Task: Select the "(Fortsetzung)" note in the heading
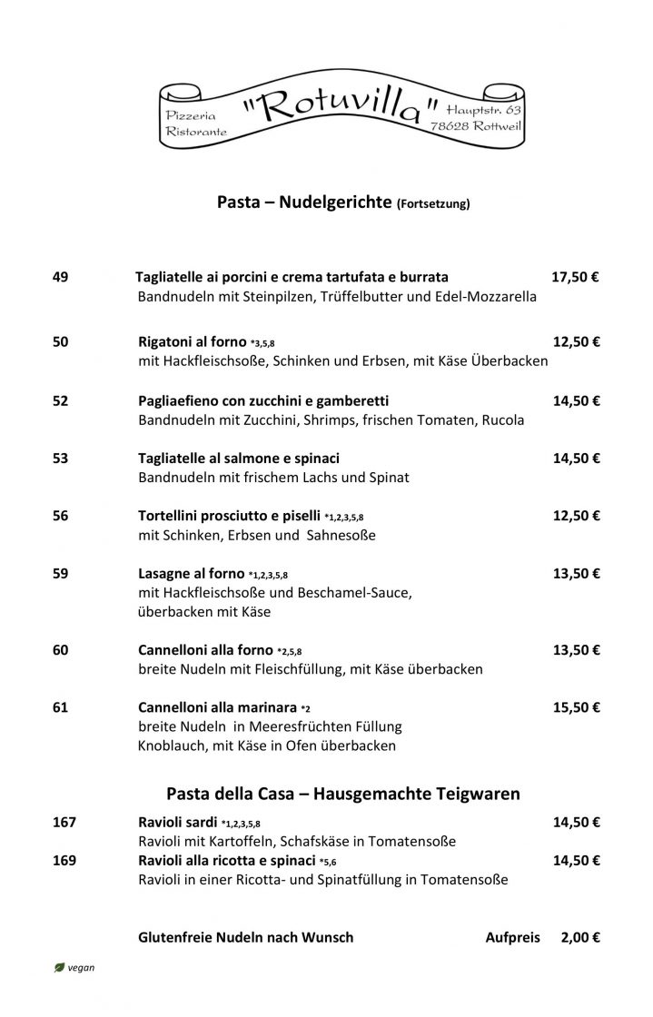(x=433, y=205)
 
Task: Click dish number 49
(x=61, y=277)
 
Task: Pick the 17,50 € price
(x=576, y=277)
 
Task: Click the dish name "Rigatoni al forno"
(x=192, y=342)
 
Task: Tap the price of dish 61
(x=576, y=707)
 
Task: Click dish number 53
(x=61, y=459)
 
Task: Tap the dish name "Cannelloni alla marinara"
(x=217, y=707)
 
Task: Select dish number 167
(x=64, y=823)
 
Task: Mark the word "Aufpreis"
(x=513, y=937)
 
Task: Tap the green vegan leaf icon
(x=59, y=968)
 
